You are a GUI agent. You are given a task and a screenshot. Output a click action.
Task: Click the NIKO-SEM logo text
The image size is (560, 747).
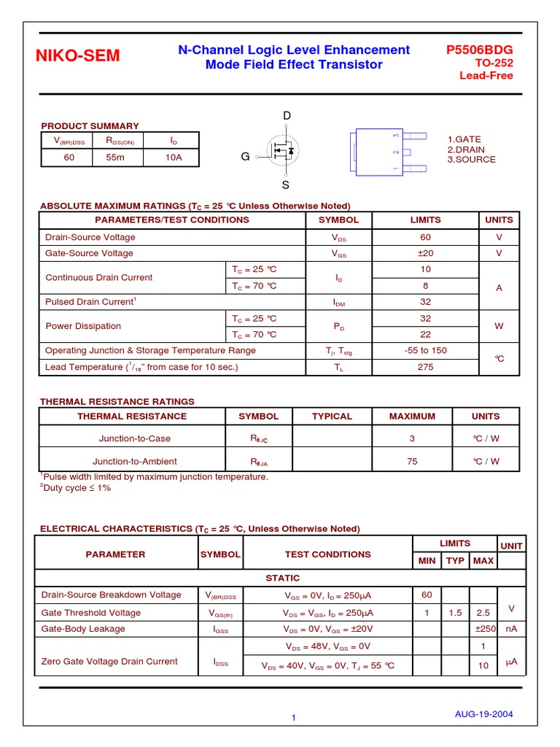tap(79, 56)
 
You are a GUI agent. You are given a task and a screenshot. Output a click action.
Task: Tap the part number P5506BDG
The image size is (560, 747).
tap(479, 50)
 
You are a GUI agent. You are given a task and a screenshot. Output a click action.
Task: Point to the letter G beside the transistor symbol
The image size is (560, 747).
tap(246, 156)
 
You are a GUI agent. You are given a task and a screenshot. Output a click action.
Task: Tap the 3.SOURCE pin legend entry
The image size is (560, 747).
tap(471, 159)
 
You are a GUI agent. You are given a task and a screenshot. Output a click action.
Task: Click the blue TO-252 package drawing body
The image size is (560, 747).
tap(376, 152)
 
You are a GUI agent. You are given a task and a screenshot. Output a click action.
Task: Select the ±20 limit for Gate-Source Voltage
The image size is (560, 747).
tap(426, 253)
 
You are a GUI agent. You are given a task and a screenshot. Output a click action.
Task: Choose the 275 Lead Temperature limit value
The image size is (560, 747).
tap(426, 367)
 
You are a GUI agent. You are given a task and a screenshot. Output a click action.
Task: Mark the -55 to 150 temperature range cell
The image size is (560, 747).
tap(426, 350)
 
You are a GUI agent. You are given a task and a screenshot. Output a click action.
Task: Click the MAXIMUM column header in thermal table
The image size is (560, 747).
tap(412, 417)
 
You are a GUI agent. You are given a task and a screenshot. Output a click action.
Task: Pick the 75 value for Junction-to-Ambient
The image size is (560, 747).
tap(412, 461)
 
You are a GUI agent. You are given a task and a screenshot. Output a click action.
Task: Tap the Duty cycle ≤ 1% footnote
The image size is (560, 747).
tap(76, 488)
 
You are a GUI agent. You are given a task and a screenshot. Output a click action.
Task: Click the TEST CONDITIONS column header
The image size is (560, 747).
tap(327, 554)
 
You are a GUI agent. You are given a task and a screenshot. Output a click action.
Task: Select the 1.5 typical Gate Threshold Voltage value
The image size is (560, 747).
tap(456, 613)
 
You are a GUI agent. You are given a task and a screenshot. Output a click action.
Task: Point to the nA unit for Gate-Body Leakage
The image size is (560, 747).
tap(511, 629)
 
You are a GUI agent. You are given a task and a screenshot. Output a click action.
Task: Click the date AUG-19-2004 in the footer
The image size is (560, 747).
tap(483, 714)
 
